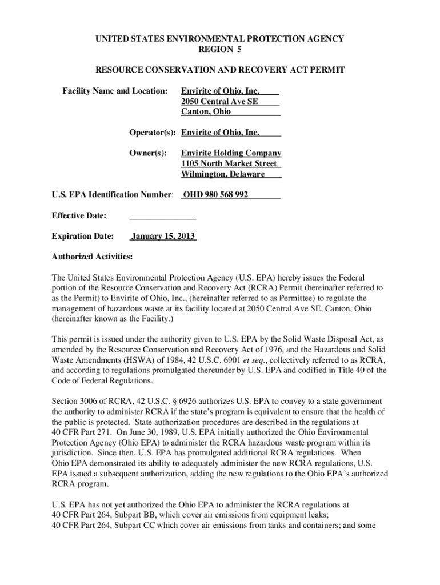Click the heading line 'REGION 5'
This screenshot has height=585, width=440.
tap(219, 50)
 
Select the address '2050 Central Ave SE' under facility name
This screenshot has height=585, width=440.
tap(219, 101)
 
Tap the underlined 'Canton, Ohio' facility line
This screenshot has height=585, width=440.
tap(206, 111)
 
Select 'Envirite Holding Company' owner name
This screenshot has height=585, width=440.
tap(231, 153)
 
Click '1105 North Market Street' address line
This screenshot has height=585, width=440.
tap(229, 163)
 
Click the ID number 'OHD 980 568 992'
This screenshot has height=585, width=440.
tap(215, 195)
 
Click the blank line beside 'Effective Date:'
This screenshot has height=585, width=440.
tap(163, 216)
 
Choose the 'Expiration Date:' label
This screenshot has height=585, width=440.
tap(83, 236)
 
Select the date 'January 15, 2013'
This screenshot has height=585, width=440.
tap(164, 236)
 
